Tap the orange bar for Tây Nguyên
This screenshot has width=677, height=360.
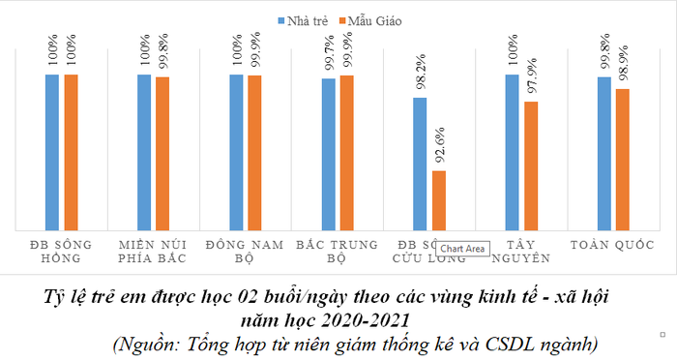click(531, 165)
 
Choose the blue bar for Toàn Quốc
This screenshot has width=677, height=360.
click(604, 153)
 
